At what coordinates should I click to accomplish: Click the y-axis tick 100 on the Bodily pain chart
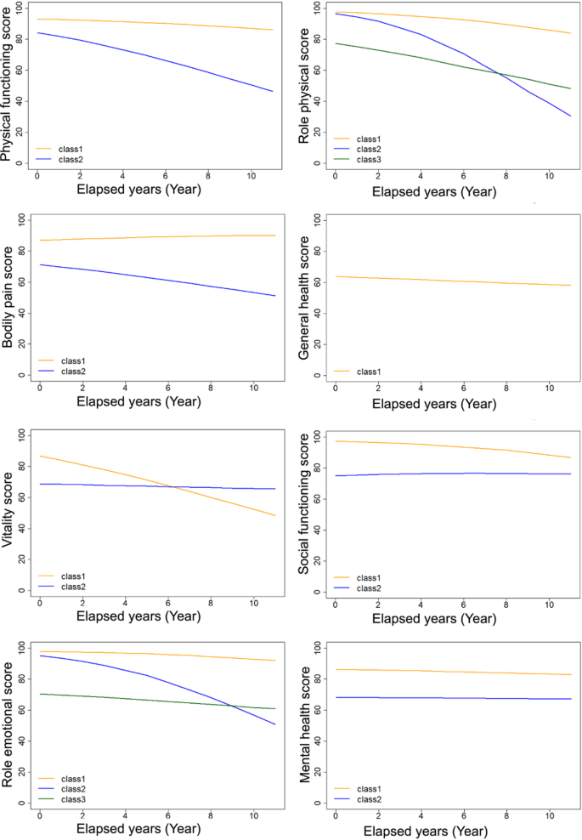tap(20, 220)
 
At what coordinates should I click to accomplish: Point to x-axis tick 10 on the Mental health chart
tap(549, 813)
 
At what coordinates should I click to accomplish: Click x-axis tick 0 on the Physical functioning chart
tap(37, 174)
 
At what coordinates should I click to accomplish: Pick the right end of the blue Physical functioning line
tap(273, 91)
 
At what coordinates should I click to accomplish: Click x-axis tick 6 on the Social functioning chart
tap(463, 601)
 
